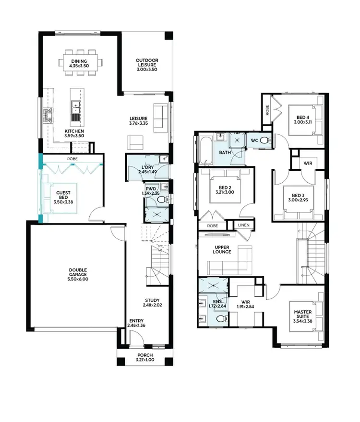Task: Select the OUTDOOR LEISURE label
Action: tap(146, 61)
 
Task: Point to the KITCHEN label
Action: tap(75, 131)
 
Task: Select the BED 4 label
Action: tap(303, 117)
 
